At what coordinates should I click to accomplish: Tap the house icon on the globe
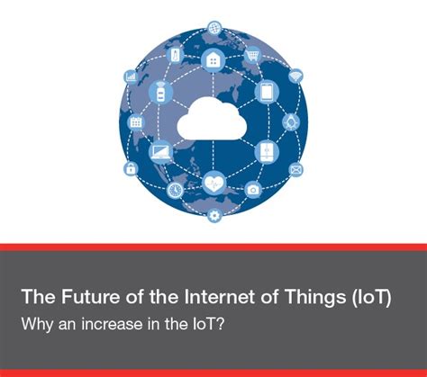(x=214, y=59)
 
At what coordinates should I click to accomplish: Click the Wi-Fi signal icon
(x=296, y=76)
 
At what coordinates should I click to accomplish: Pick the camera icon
(x=253, y=190)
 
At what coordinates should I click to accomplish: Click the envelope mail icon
(x=296, y=168)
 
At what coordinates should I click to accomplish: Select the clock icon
(x=174, y=190)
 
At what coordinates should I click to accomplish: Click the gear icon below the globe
(x=213, y=214)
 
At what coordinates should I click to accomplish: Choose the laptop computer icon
(x=161, y=151)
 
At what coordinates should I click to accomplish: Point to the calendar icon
(x=136, y=121)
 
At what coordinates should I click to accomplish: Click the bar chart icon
(x=132, y=77)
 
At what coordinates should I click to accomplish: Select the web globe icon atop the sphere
(x=214, y=28)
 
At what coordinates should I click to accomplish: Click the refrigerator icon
(x=267, y=150)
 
